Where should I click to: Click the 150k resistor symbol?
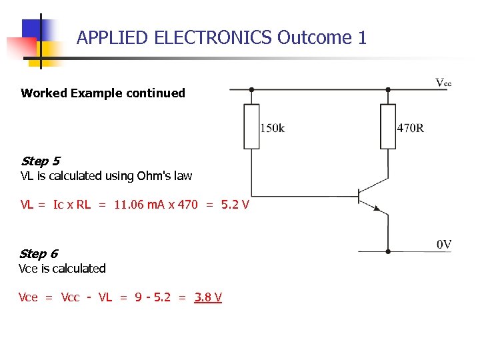point(251,126)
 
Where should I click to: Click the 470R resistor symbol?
point(388,126)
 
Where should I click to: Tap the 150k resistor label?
point(272,127)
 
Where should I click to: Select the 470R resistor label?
point(410,127)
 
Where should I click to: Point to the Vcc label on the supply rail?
point(443,83)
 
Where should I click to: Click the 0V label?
point(444,245)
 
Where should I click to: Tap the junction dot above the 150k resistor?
point(251,89)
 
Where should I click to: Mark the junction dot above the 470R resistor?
point(388,89)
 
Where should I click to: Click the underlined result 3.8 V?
point(208,297)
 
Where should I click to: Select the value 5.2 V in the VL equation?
point(235,204)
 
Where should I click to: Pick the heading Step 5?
point(40,161)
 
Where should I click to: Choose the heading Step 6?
point(39,253)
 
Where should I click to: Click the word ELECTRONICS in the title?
point(213,37)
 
